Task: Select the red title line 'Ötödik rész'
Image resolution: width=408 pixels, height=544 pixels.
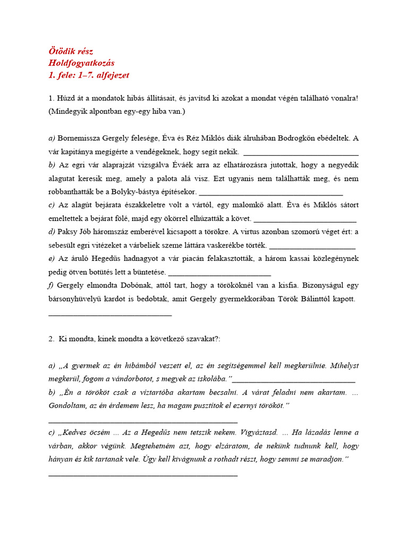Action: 71,51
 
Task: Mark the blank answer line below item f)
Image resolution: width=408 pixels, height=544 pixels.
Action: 110,316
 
